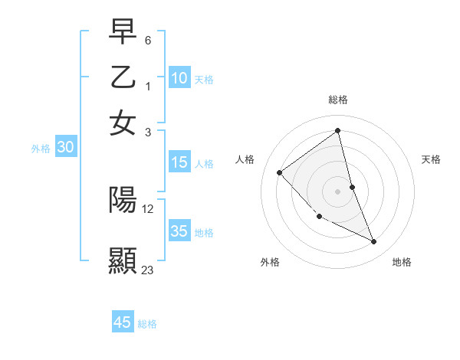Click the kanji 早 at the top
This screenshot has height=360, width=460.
click(123, 31)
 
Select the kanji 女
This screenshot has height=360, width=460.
click(123, 123)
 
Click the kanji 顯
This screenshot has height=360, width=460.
click(123, 260)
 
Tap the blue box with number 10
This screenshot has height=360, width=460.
click(179, 78)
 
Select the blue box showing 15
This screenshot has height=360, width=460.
click(179, 162)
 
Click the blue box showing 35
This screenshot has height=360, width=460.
click(179, 231)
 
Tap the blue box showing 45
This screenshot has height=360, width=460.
click(123, 322)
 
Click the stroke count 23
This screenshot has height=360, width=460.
click(147, 270)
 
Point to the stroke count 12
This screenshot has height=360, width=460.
click(148, 208)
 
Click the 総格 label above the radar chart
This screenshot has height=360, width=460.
click(337, 100)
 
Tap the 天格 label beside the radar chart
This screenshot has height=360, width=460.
click(431, 159)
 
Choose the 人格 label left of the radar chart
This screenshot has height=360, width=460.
click(245, 159)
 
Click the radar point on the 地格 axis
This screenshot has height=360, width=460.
click(374, 242)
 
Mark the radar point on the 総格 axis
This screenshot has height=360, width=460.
click(338, 131)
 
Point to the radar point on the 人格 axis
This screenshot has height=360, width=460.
click(280, 172)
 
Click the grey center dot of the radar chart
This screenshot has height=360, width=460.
click(338, 191)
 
